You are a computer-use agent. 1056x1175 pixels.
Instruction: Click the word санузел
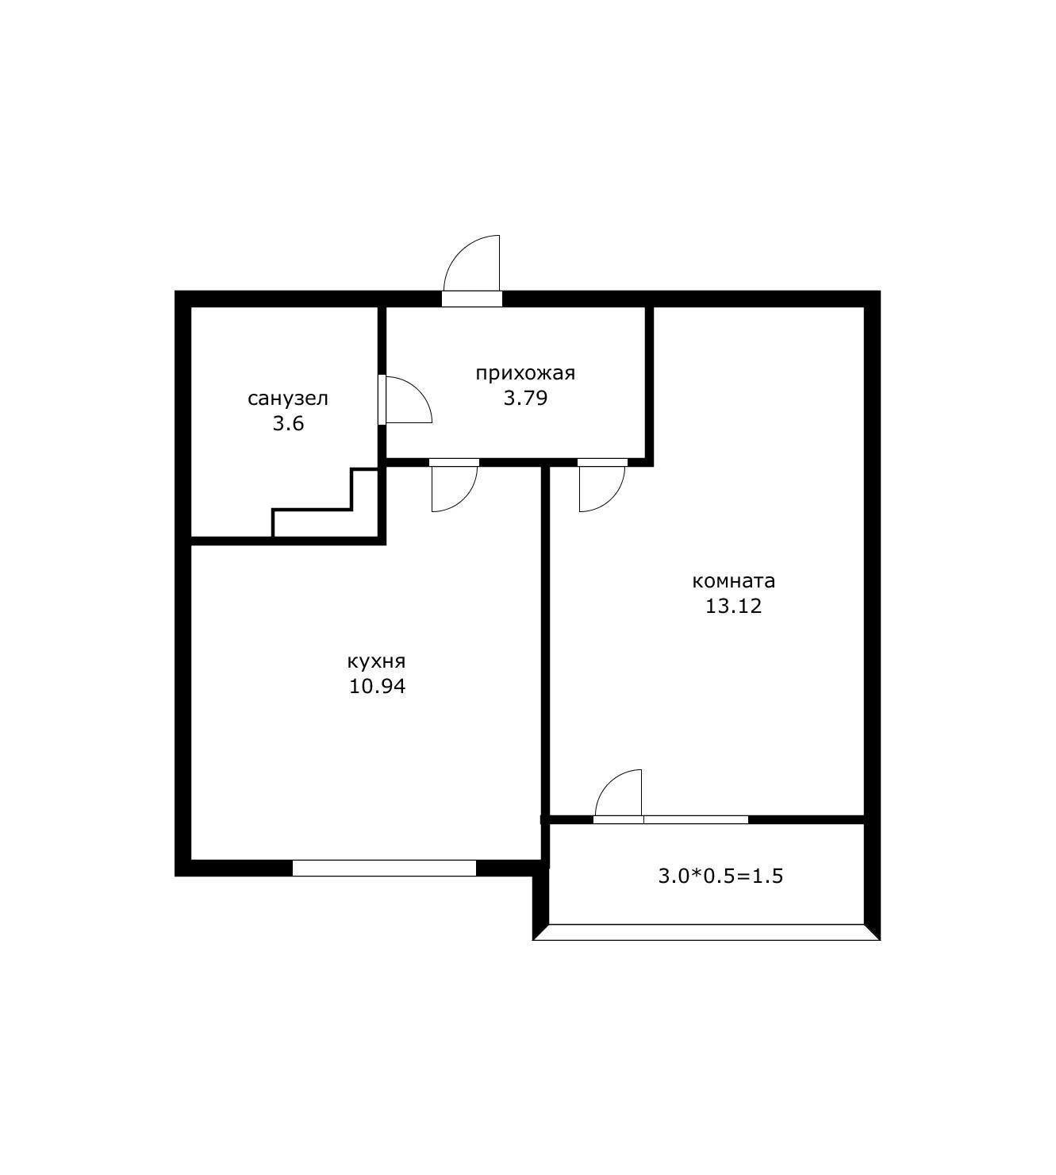coord(288,399)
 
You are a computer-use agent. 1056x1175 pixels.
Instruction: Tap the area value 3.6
coord(288,423)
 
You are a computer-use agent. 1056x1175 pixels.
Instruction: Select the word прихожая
coord(525,374)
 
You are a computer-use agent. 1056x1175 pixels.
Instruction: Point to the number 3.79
coord(525,399)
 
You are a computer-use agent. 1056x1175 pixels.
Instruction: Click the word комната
coord(733,581)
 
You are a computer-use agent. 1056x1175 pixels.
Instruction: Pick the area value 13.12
coord(733,606)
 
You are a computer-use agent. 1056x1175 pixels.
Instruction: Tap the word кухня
coord(376,662)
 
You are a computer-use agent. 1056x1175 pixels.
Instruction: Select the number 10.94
coord(377,686)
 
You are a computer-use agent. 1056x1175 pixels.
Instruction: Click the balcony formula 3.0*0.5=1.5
coord(720,876)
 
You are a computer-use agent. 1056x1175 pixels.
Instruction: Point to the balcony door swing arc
coord(609,783)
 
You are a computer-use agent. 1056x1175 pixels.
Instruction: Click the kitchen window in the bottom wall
coord(384,868)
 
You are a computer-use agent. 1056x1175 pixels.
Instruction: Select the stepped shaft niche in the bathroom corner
coord(325,503)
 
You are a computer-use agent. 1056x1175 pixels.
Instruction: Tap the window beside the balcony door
coord(696,819)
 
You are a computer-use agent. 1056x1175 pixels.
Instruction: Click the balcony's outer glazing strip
coord(707,932)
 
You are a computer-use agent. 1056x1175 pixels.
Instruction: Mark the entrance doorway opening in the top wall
coord(472,299)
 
